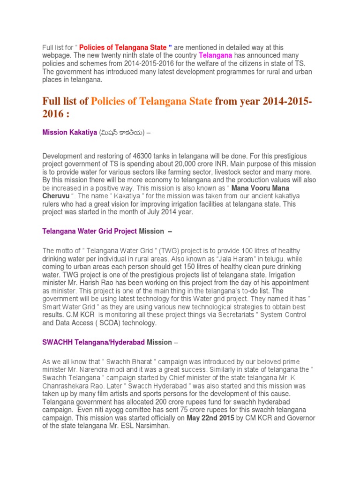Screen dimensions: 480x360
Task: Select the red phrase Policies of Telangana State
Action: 123,47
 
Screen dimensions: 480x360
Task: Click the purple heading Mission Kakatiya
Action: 68,133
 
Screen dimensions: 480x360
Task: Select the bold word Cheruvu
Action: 57,196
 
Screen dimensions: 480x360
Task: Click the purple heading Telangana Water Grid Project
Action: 90,231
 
